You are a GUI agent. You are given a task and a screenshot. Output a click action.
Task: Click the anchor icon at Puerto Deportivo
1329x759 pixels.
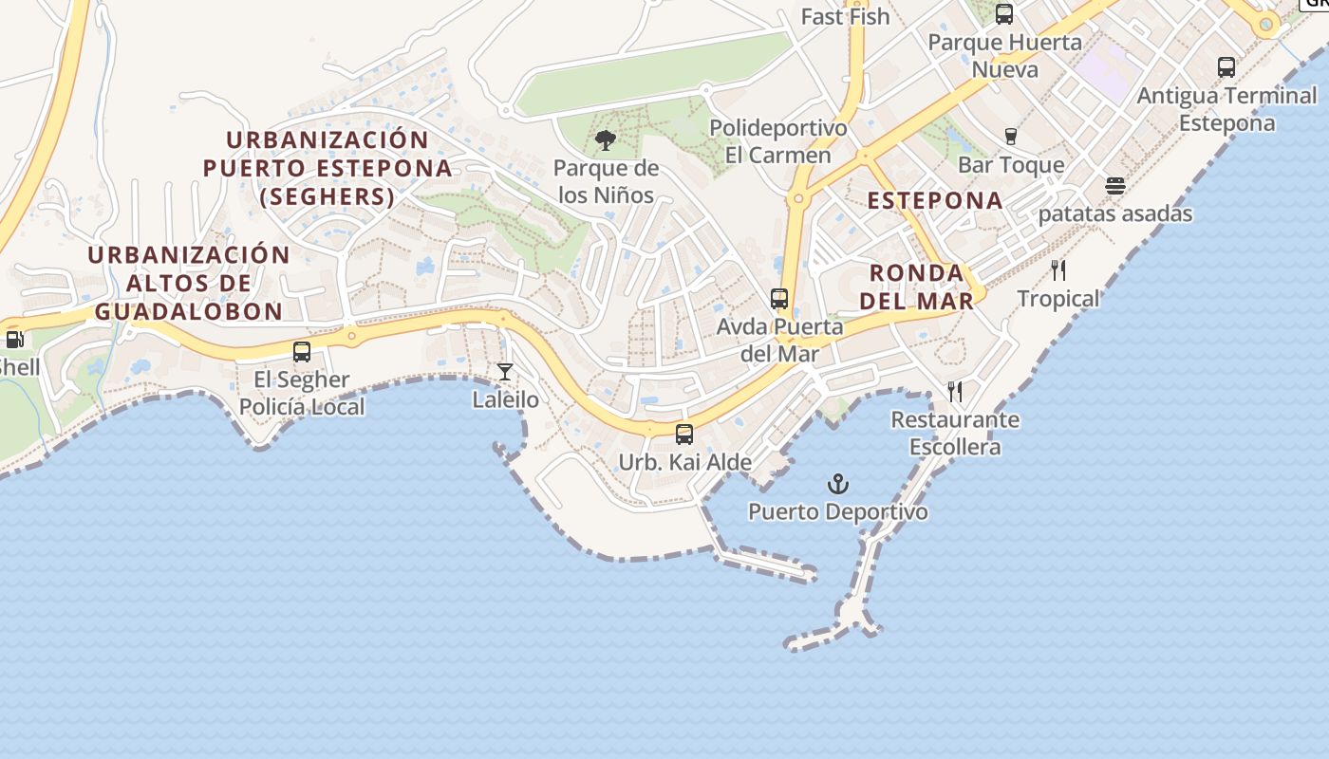837,485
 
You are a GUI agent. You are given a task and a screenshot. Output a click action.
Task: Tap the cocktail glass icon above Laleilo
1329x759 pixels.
505,371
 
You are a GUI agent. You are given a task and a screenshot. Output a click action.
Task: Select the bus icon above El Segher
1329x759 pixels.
302,352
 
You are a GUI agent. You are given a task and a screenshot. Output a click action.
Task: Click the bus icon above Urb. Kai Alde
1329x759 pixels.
683,435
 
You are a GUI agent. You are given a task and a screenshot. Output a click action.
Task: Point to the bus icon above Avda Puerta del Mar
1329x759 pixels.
779,299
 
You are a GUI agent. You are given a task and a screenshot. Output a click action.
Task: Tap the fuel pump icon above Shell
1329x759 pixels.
14,339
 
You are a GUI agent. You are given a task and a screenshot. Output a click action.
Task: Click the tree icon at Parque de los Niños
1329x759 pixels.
605,141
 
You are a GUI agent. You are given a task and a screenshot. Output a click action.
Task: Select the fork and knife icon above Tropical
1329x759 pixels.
1058,270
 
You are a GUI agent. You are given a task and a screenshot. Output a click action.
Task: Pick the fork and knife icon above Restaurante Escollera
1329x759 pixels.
955,391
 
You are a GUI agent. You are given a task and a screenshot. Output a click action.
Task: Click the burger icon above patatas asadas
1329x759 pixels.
1115,185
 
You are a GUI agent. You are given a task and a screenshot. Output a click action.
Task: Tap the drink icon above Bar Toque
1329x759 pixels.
1011,137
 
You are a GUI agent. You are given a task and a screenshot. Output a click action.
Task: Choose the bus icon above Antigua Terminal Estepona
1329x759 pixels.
1226,67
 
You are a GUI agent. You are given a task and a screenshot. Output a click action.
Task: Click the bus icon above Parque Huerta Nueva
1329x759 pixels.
1004,14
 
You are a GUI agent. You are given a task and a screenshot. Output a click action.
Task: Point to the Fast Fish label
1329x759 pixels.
845,16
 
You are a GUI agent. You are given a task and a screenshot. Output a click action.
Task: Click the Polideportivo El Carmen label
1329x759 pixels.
777,141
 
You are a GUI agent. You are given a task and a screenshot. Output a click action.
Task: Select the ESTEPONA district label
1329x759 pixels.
935,200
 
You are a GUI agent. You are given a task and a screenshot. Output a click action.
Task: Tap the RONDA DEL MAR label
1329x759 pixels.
921,287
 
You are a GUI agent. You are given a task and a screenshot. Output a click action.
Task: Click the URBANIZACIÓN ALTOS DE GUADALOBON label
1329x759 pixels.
188,283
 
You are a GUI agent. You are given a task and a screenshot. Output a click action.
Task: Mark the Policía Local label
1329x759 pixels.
301,407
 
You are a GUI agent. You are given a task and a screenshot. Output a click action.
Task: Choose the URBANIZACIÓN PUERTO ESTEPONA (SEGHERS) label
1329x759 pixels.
328,168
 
